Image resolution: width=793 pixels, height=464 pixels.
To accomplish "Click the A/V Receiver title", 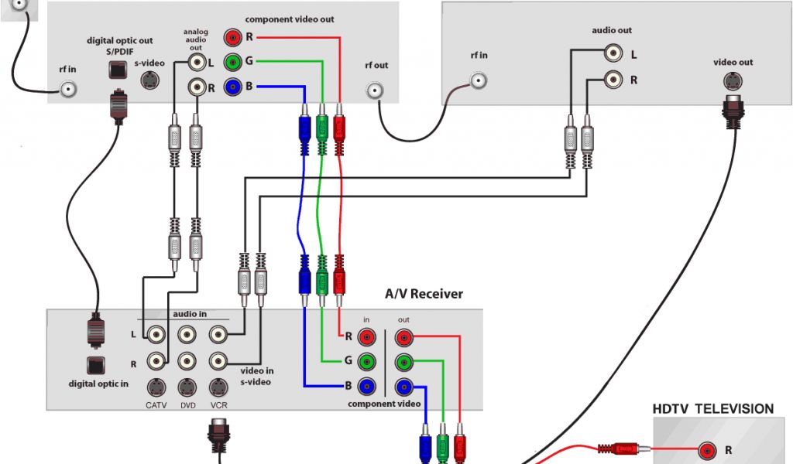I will coord(424,294).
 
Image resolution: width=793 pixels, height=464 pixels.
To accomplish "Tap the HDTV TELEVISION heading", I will coord(712,408).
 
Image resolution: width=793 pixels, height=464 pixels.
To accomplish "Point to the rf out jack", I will coord(376,91).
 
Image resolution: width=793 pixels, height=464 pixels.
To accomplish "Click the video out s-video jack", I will coord(732,80).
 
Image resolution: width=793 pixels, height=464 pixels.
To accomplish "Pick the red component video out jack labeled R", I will coord(232,36).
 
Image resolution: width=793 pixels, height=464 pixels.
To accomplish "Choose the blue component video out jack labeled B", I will coord(232,87).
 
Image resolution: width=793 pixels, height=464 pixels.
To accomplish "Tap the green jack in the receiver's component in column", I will coord(367,361).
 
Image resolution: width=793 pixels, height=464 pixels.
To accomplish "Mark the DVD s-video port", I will coord(187,386).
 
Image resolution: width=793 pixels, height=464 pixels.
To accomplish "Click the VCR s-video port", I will coord(218,386).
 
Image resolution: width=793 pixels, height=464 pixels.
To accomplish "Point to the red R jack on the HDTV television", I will coord(706,449).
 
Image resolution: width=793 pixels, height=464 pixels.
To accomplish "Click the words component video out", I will coord(290,19).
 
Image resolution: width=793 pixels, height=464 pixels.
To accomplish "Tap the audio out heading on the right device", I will coord(612,31).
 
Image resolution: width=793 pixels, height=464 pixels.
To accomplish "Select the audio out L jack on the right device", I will coord(613,53).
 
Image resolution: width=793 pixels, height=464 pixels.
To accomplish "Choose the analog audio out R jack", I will coord(196,87).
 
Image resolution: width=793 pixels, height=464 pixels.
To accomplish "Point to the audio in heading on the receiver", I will coord(190,314).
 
